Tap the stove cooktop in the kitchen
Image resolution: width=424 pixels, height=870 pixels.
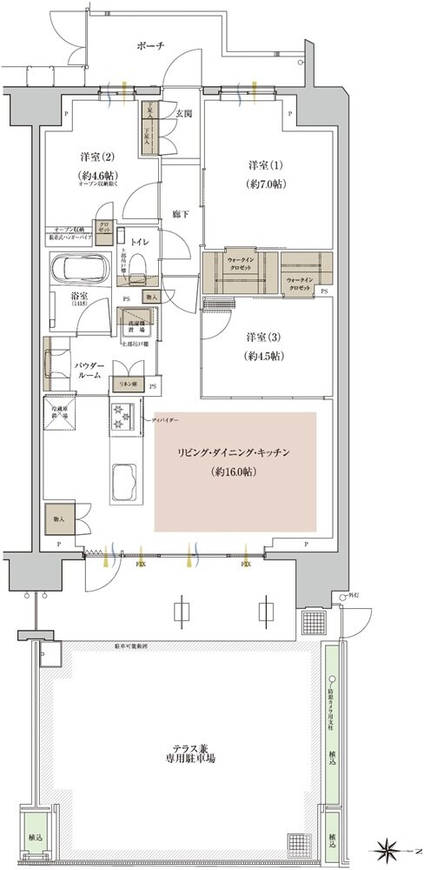121,418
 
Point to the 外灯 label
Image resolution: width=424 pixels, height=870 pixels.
352,597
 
